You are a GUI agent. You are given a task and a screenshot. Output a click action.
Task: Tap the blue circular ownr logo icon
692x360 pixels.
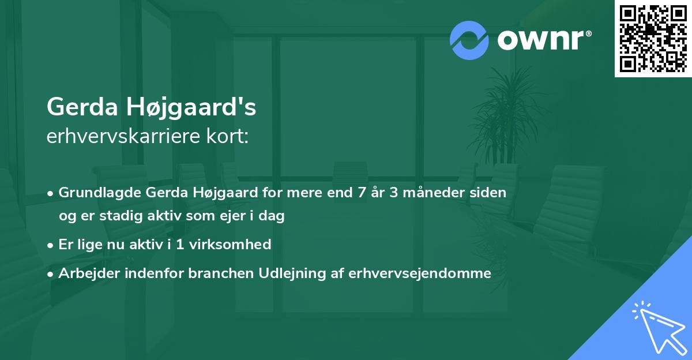pyautogui.click(x=469, y=40)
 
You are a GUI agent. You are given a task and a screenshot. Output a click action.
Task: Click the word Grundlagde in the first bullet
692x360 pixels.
pyautogui.click(x=100, y=193)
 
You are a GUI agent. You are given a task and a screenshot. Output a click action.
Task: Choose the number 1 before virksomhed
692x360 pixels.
pyautogui.click(x=180, y=245)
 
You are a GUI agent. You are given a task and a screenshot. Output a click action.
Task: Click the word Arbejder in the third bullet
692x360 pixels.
pyautogui.click(x=85, y=273)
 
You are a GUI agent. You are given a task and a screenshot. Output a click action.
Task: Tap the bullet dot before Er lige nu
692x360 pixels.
pyautogui.click(x=51, y=245)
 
